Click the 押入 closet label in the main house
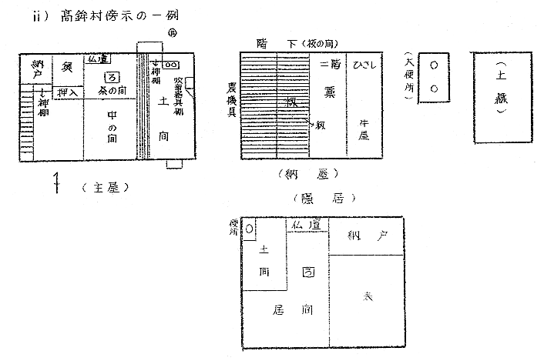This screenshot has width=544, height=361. tap(67, 92)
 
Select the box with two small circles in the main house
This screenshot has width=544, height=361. tap(170, 65)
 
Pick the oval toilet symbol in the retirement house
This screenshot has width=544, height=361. tap(250, 229)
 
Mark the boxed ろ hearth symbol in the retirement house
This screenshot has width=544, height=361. tap(307, 272)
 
